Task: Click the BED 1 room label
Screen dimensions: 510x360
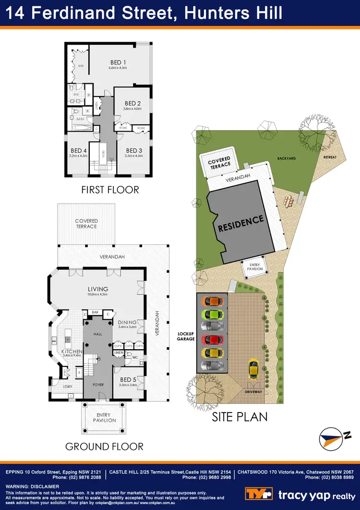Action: [x=118, y=62]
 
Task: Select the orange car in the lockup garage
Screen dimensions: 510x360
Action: [x=213, y=302]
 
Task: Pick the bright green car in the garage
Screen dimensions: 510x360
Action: [x=213, y=315]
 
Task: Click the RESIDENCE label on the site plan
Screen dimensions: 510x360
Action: [x=241, y=224]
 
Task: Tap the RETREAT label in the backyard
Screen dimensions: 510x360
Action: [x=330, y=157]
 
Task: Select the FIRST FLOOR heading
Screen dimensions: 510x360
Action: [x=109, y=189]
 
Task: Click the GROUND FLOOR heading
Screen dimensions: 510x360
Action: [x=104, y=447]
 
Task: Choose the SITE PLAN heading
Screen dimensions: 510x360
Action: [x=240, y=417]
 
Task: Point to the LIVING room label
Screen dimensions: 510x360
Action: [x=97, y=289]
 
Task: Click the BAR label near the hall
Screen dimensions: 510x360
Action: [x=95, y=313]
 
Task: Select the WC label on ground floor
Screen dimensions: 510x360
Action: [x=136, y=357]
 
